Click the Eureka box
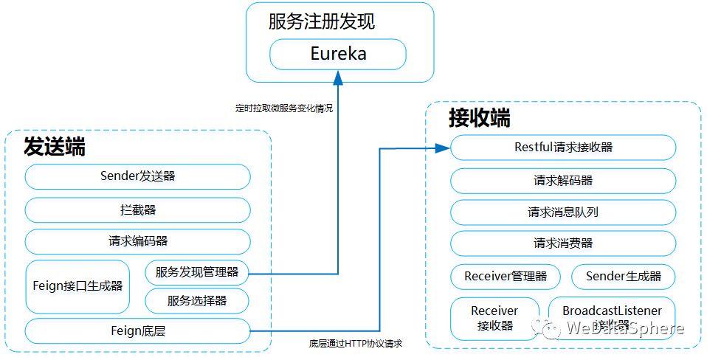[x=338, y=55]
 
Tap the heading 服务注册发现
[x=322, y=21]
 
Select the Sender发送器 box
[x=137, y=177]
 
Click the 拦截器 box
[x=137, y=210]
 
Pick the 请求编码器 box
[x=137, y=241]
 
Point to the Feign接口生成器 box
[x=77, y=286]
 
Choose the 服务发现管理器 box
[x=197, y=272]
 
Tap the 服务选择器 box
[x=197, y=300]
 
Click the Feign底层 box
[x=137, y=331]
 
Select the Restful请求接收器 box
[x=563, y=148]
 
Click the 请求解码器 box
[x=563, y=181]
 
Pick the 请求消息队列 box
[x=563, y=212]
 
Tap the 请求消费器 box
[x=563, y=243]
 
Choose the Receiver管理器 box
[x=506, y=277]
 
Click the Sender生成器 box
[x=624, y=277]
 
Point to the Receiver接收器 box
[x=494, y=318]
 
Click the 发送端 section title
[x=55, y=146]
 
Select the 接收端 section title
[x=480, y=118]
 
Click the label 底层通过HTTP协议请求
[x=356, y=344]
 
